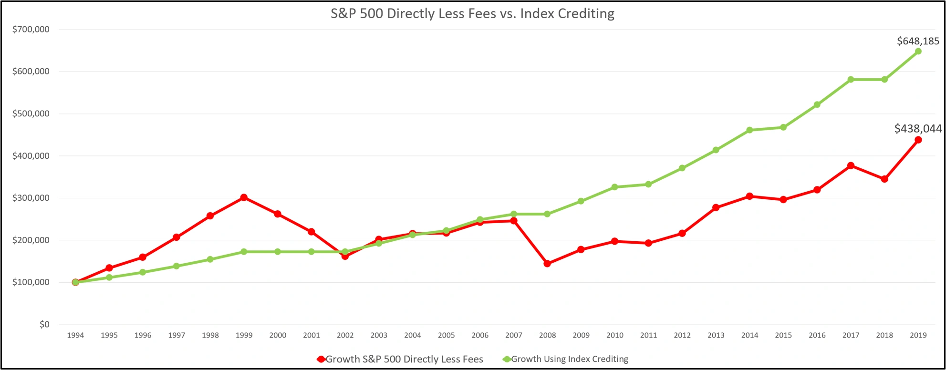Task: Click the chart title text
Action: click(472, 13)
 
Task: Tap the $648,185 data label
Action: click(918, 41)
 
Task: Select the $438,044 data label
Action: click(918, 128)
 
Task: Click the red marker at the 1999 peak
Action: click(244, 197)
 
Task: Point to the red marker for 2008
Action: click(547, 263)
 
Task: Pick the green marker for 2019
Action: click(918, 51)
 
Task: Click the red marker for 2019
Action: click(918, 140)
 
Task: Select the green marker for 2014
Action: click(749, 130)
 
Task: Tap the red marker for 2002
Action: click(345, 256)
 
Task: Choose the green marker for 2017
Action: click(851, 80)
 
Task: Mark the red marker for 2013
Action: click(716, 207)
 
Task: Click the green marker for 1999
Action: click(244, 252)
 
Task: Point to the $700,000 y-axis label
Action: click(31, 30)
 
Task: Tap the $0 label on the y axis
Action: click(44, 324)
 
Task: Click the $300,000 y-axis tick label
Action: click(31, 198)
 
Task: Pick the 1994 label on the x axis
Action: click(75, 335)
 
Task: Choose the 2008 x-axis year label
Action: click(547, 335)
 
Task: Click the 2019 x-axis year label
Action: click(918, 335)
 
